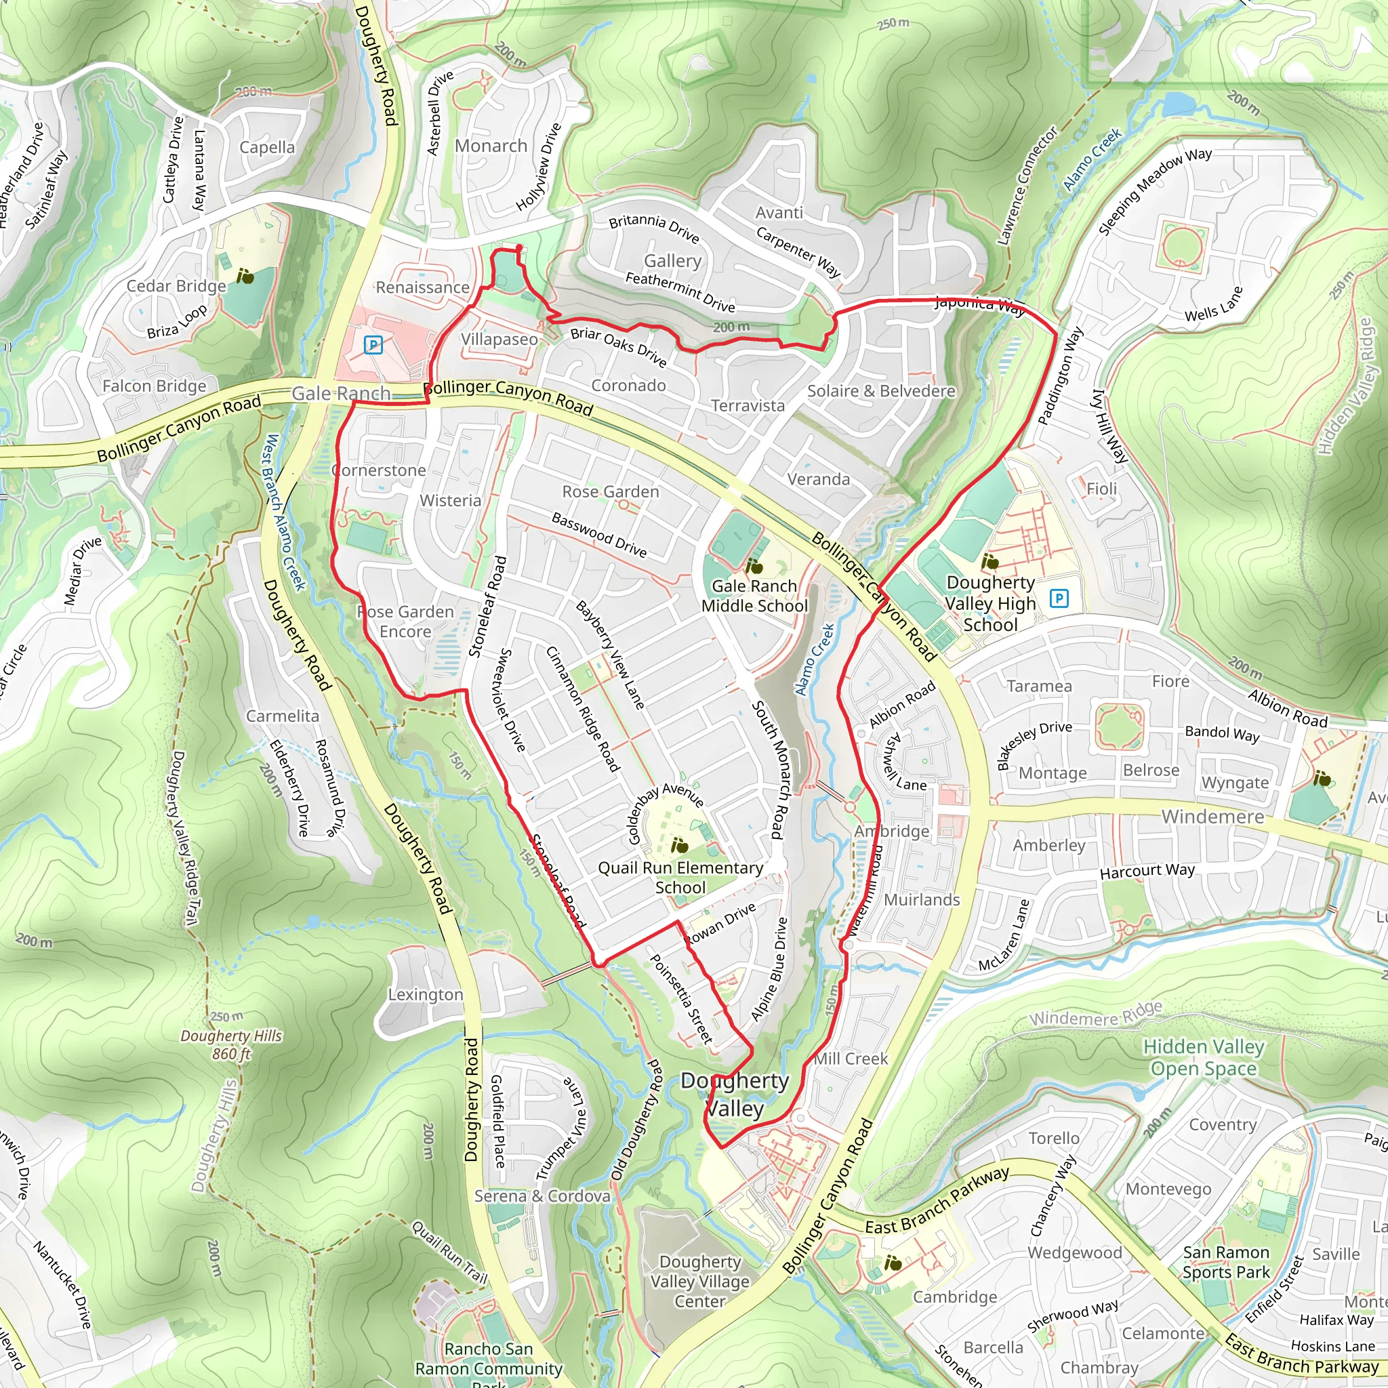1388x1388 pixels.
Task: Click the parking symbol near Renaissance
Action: pyautogui.click(x=373, y=345)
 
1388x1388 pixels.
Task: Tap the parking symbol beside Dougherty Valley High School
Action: pyautogui.click(x=1059, y=598)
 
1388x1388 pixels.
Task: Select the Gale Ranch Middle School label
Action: pyautogui.click(x=754, y=596)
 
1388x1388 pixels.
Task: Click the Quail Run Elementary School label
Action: pyautogui.click(x=680, y=877)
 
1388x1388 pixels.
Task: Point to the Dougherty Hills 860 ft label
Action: pyautogui.click(x=231, y=1044)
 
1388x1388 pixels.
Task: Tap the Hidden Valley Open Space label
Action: pyautogui.click(x=1204, y=1057)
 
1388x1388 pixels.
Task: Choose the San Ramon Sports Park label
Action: pyautogui.click(x=1225, y=1262)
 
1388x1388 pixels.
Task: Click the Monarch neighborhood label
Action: pyautogui.click(x=491, y=146)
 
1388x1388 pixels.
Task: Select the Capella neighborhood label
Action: pyautogui.click(x=266, y=147)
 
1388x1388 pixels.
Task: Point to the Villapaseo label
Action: pyautogui.click(x=499, y=339)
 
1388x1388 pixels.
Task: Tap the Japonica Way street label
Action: pyautogui.click(x=980, y=306)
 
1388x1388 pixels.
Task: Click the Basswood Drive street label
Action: pyautogui.click(x=599, y=535)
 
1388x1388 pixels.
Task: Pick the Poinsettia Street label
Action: pyautogui.click(x=680, y=998)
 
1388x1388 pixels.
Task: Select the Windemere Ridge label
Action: pyautogui.click(x=1096, y=1015)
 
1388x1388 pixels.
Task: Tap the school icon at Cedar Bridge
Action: pyautogui.click(x=245, y=276)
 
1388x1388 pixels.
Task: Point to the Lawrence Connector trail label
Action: pyautogui.click(x=1028, y=186)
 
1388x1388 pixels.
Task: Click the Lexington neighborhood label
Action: pyautogui.click(x=426, y=995)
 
